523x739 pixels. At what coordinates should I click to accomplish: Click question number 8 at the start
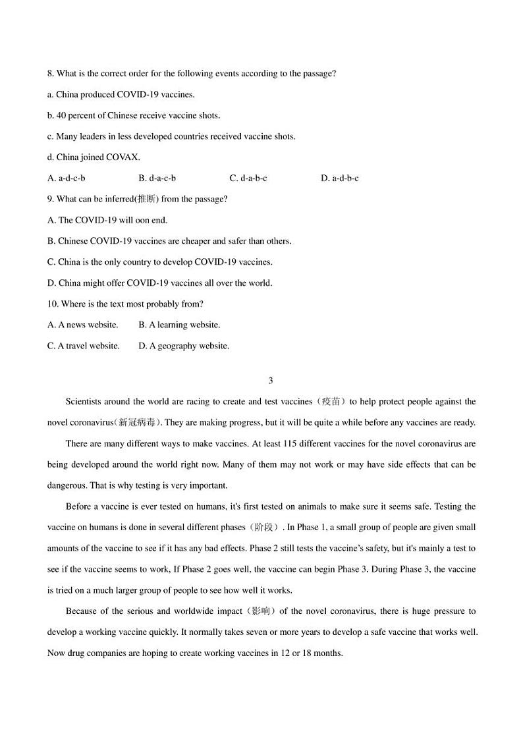click(x=51, y=74)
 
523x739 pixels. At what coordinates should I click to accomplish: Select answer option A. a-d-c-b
click(x=67, y=178)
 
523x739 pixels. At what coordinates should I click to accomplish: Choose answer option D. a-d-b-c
click(x=339, y=178)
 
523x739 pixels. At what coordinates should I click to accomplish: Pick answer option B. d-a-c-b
click(x=157, y=178)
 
